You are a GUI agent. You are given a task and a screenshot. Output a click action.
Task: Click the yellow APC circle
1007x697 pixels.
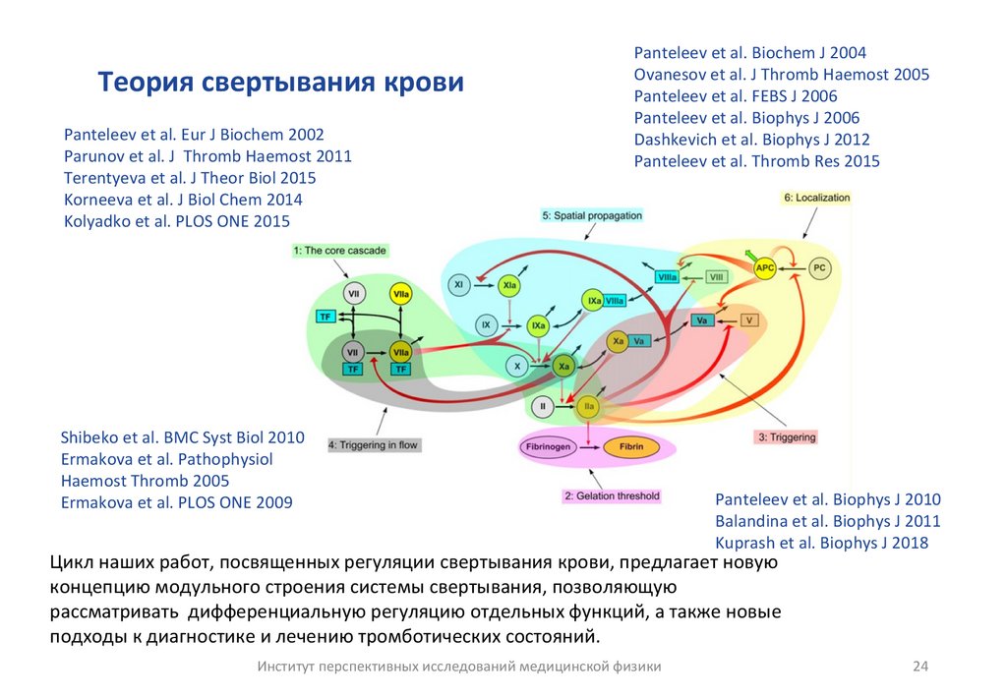[x=764, y=267]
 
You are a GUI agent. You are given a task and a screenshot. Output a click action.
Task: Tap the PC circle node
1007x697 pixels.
[x=820, y=267]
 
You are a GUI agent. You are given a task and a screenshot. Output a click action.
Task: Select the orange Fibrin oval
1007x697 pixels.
[x=629, y=447]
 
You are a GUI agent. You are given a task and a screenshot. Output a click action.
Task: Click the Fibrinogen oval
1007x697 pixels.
[x=545, y=447]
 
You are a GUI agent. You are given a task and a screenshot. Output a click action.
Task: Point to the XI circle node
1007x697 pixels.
[x=458, y=285]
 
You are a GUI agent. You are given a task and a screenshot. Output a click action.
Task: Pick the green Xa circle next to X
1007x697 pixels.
[x=563, y=366]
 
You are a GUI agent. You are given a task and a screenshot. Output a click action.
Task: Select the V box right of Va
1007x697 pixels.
[x=750, y=320]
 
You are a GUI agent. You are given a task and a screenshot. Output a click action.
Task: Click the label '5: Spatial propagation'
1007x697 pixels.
[x=591, y=215]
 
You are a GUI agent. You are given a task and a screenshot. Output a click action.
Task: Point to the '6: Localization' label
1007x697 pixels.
[x=816, y=198]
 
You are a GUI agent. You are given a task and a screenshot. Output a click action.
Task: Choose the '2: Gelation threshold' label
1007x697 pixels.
[x=612, y=496]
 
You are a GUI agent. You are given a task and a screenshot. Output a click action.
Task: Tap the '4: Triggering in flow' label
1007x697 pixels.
[x=374, y=445]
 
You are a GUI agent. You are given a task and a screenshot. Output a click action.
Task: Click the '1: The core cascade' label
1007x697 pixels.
[x=339, y=251]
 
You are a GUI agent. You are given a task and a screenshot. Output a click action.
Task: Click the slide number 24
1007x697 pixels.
[x=920, y=667]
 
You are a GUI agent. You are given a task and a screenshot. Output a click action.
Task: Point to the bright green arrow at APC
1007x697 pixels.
[x=751, y=255]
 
